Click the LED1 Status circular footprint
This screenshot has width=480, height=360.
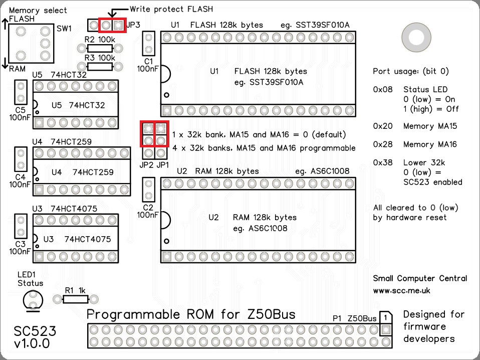[33, 300]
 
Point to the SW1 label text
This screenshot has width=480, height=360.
[64, 29]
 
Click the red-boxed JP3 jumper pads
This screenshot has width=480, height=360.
[111, 25]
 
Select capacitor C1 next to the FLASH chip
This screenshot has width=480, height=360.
[149, 44]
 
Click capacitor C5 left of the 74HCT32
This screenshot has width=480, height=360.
[21, 92]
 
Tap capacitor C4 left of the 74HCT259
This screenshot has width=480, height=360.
[21, 159]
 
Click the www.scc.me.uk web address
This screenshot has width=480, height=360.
[401, 290]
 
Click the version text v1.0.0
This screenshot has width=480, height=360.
[32, 344]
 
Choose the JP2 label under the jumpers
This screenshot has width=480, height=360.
[147, 164]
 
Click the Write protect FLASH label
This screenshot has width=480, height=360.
[171, 9]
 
